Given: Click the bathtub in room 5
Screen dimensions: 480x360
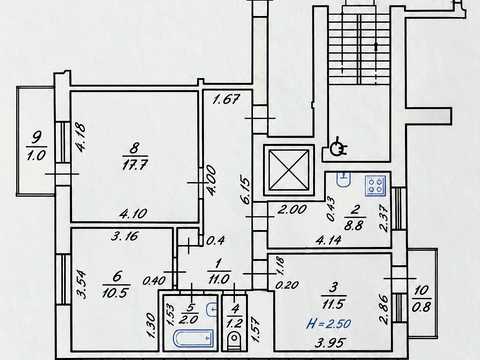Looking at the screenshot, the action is (x=194, y=338).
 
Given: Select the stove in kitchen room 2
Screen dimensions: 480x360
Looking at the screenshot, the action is (x=376, y=185).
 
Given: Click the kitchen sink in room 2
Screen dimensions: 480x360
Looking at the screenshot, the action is (x=344, y=179).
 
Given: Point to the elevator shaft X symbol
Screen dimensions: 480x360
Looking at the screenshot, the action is (x=289, y=170).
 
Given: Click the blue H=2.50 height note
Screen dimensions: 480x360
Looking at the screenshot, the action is (x=329, y=323).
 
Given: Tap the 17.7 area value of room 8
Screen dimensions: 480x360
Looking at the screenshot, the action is (x=135, y=165).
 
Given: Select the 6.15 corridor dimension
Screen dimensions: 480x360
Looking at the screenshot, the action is (x=246, y=190).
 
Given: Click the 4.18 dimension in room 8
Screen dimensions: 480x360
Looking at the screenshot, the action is (x=81, y=137).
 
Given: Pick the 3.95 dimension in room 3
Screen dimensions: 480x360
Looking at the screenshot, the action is (x=329, y=342).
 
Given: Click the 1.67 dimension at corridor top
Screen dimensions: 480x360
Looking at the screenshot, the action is (x=226, y=99).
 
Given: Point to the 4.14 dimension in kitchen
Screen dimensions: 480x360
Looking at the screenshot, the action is (x=329, y=240).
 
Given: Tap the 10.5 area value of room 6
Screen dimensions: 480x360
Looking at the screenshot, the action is (x=116, y=293).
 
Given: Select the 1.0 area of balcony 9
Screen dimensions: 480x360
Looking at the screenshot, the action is (x=36, y=155).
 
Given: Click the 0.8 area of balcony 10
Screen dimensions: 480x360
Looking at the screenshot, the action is (x=421, y=307).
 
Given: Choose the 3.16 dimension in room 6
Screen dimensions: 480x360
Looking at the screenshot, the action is (x=124, y=236).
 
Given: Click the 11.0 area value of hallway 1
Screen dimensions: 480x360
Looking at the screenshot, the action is (x=218, y=279).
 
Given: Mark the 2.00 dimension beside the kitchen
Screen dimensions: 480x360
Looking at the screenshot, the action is (x=292, y=209).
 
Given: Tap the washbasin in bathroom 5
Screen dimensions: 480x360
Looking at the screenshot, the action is (x=211, y=310).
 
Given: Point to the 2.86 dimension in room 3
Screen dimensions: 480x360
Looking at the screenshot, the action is (x=384, y=309).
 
